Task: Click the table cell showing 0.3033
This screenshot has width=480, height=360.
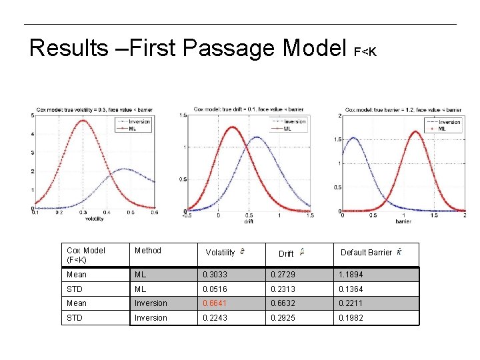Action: (215, 274)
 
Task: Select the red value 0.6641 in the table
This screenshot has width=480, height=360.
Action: (215, 303)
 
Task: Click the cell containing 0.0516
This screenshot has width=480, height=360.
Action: (215, 289)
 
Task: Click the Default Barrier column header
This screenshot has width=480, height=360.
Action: (367, 253)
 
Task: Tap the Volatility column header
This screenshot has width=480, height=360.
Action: (221, 253)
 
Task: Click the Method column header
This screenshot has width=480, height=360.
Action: (148, 251)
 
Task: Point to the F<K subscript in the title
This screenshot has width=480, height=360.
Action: (365, 51)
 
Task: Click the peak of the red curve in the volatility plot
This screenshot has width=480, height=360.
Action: (83, 121)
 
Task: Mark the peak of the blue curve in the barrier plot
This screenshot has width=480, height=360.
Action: (353, 139)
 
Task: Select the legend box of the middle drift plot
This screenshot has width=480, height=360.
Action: (287, 125)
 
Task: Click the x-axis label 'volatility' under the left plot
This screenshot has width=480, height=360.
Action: (94, 218)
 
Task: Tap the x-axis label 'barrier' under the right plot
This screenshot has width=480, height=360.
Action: (403, 220)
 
